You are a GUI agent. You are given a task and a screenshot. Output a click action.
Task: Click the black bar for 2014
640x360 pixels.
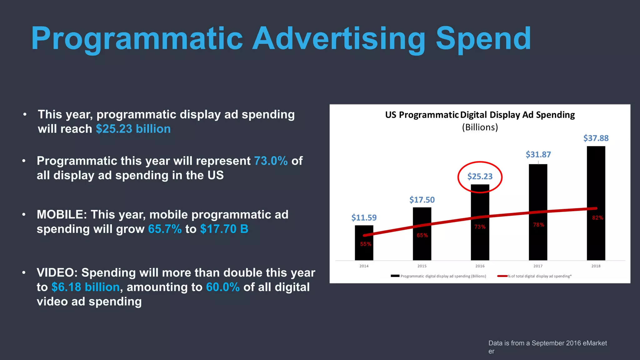click(364, 247)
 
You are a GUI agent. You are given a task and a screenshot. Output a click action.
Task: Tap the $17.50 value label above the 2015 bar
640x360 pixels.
click(422, 200)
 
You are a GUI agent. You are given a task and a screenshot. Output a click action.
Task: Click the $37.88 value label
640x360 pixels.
click(596, 138)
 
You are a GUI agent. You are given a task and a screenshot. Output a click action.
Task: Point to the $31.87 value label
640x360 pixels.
click(538, 154)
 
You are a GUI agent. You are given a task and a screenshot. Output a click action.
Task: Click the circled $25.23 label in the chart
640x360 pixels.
click(480, 177)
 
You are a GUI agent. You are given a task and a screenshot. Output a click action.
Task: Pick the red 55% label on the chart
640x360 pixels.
click(365, 244)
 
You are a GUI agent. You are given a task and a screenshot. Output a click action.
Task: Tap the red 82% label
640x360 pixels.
click(597, 218)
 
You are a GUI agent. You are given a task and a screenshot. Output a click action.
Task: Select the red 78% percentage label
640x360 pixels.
click(538, 225)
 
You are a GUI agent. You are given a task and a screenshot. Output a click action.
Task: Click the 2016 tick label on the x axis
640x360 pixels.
click(480, 266)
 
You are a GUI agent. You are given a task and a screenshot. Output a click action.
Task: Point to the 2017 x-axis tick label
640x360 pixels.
click(538, 266)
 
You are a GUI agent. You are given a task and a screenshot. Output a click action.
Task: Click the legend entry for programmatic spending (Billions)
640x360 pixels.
click(439, 276)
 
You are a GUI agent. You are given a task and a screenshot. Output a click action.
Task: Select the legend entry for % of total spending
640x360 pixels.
click(535, 276)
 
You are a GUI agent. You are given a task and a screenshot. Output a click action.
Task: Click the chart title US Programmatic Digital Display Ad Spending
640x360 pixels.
click(480, 115)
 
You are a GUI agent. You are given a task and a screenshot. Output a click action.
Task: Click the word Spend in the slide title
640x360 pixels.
click(483, 39)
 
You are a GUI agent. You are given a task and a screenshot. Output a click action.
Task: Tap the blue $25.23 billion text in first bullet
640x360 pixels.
click(133, 129)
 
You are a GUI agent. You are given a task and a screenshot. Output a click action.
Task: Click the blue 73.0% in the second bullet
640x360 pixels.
click(271, 161)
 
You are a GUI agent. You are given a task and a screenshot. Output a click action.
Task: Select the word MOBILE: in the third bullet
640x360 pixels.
click(62, 215)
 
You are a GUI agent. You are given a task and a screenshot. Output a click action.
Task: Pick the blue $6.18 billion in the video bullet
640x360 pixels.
click(85, 287)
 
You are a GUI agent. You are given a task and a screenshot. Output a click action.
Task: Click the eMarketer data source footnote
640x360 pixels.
click(547, 347)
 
